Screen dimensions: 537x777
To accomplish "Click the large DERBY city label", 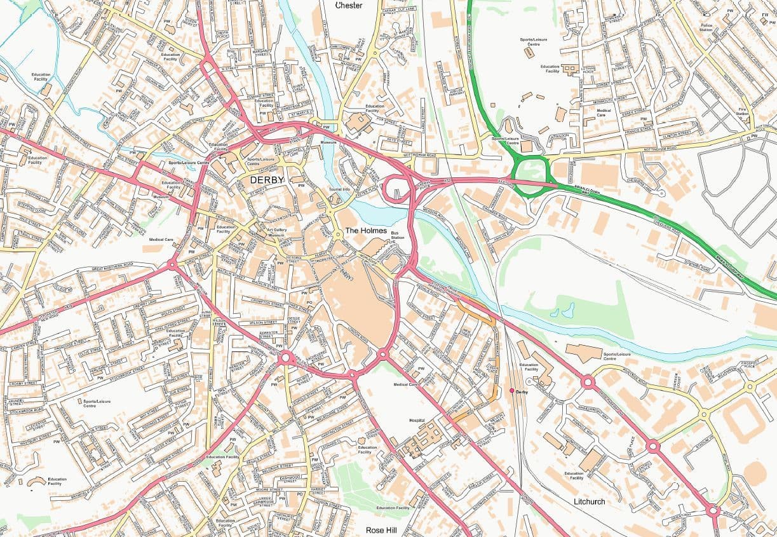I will [267, 180].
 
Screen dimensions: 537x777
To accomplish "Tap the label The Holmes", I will [365, 231].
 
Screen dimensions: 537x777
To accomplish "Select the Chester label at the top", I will [349, 6].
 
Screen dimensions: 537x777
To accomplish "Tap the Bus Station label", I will [398, 236].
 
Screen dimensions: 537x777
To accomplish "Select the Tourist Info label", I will [339, 190].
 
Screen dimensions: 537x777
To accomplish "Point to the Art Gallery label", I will [276, 230].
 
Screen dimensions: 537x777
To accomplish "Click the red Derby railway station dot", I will [511, 391].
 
